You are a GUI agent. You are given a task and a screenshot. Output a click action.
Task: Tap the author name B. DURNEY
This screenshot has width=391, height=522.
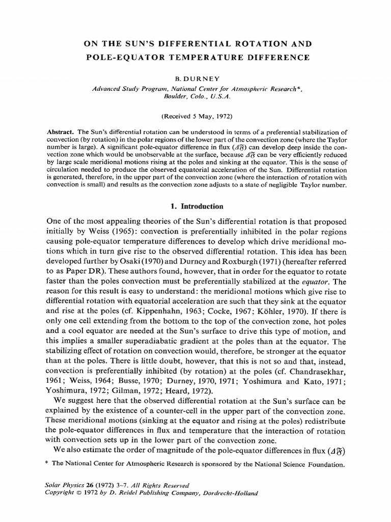point(195,81)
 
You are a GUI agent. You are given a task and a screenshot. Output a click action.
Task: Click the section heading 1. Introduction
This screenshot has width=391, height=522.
point(195,206)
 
